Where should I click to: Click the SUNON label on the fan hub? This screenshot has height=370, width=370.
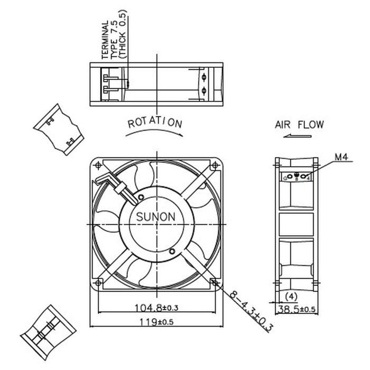point(156,217)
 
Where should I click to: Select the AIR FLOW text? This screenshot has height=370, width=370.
point(299,125)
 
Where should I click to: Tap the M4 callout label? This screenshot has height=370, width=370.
point(340,157)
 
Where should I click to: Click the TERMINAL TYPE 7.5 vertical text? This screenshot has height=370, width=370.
point(112,40)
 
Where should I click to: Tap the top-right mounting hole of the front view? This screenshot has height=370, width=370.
point(214,166)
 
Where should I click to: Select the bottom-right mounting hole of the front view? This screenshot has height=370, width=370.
point(214,283)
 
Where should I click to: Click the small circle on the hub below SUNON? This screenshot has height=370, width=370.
point(172,250)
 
